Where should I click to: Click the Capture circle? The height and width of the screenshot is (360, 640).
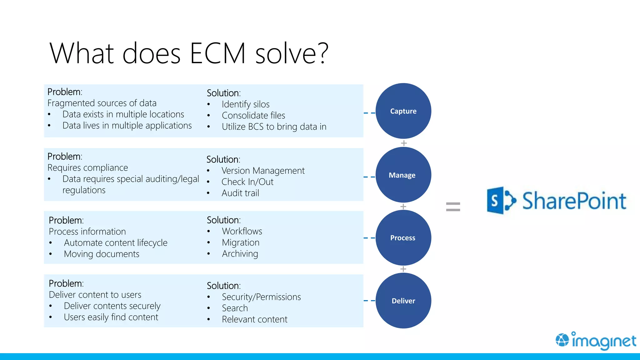(403, 111)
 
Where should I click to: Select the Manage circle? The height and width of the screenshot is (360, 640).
(403, 175)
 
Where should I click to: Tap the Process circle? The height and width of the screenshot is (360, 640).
(403, 238)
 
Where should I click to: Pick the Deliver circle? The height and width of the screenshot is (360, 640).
(403, 301)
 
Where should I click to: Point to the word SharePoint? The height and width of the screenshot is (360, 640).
(574, 201)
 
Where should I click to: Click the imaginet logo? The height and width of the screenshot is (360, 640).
(596, 341)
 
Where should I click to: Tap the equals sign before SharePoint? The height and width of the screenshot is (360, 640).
(453, 207)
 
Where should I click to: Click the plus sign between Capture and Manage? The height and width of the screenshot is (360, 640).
(404, 143)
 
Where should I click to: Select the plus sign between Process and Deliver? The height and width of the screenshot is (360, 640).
(403, 269)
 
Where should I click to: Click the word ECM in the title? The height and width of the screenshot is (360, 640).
(218, 53)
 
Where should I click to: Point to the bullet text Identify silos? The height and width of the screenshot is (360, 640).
(246, 104)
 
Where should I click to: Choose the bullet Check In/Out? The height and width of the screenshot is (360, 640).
(247, 182)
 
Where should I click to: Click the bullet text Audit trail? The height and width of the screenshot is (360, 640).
(240, 193)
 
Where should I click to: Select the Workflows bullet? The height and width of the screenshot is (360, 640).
(242, 231)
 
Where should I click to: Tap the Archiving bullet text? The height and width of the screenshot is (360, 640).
(240, 254)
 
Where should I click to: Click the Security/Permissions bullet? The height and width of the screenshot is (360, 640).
(261, 297)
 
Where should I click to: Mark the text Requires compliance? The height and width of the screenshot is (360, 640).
(88, 168)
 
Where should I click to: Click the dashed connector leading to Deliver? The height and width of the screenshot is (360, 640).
(369, 301)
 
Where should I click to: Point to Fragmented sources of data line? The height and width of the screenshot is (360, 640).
(102, 103)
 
